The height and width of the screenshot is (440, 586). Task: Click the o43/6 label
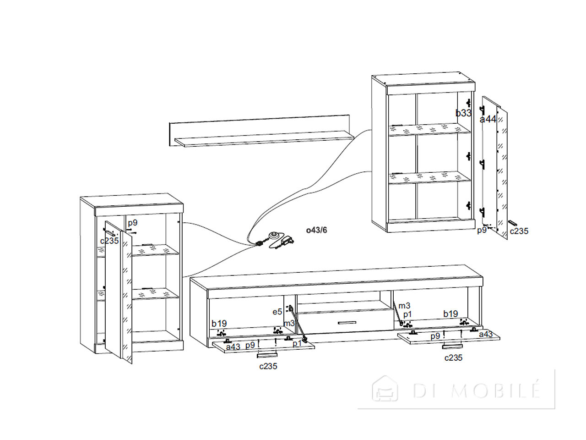[316, 230]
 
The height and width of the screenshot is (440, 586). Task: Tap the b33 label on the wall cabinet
[463, 113]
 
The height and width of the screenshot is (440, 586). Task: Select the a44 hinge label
[488, 119]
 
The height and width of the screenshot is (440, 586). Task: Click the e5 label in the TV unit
[277, 312]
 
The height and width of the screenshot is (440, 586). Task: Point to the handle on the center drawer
[347, 323]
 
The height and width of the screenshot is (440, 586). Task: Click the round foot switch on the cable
[274, 235]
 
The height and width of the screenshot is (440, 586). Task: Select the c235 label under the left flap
[268, 366]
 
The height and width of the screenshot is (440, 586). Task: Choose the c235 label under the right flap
[453, 357]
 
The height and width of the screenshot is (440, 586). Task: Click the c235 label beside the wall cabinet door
[519, 231]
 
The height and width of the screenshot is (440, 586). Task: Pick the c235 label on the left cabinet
[109, 241]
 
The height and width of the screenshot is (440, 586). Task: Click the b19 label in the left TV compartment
[219, 324]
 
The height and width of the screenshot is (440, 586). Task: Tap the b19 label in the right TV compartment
[450, 314]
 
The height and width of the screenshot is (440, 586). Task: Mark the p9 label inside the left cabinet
[132, 223]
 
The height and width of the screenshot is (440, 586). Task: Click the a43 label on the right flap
[486, 334]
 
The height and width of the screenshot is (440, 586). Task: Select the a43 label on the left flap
[233, 347]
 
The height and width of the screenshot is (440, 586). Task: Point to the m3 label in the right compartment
[404, 305]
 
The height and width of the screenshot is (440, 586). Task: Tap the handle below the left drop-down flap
[267, 355]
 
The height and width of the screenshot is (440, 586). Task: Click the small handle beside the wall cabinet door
[513, 223]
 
